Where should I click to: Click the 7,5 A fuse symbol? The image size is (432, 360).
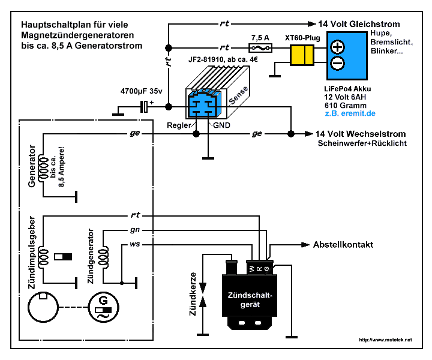click(x=259, y=47)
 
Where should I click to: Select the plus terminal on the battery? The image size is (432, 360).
click(x=338, y=47)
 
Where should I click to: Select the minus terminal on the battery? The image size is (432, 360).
click(x=338, y=63)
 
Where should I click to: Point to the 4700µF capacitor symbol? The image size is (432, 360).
click(x=145, y=107)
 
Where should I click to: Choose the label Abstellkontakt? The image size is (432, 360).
click(x=343, y=245)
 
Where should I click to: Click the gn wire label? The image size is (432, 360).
click(x=136, y=230)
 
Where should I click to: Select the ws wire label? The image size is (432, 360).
click(x=136, y=245)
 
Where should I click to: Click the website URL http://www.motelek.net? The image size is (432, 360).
click(x=385, y=340)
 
